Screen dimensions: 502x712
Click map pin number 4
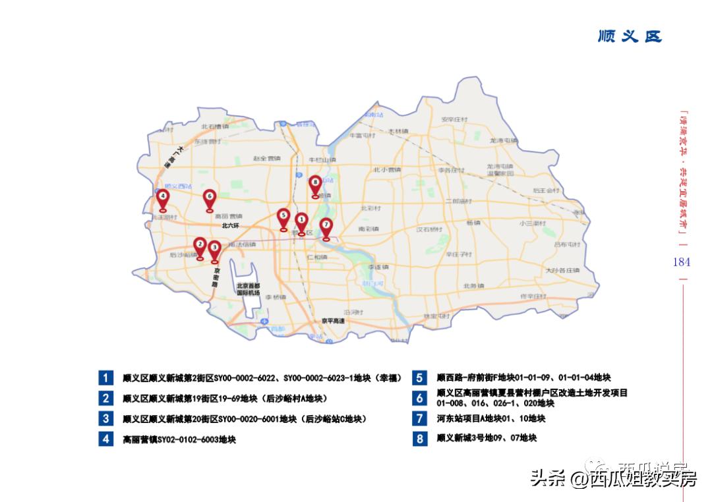[x=162, y=197]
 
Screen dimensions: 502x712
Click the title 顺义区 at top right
[x=629, y=36]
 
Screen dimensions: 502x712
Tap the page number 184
[x=681, y=262]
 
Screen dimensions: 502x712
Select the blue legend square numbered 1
[x=105, y=378]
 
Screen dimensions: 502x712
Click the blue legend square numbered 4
[x=105, y=439]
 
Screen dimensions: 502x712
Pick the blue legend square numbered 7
[x=419, y=418]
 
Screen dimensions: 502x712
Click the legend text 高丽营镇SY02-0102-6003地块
[x=179, y=439]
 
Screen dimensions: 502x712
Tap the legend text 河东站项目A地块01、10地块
[x=490, y=418]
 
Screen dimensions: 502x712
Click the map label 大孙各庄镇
[x=562, y=270]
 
